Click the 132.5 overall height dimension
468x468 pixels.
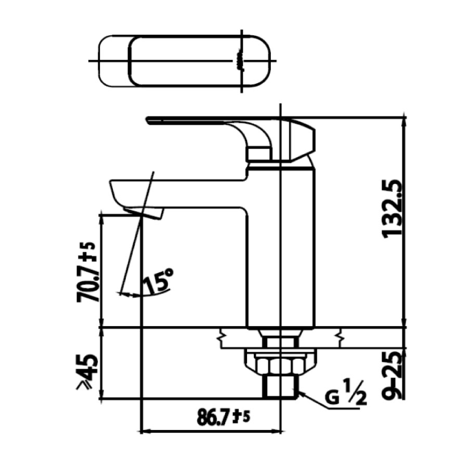393,208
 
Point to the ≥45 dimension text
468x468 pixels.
86,372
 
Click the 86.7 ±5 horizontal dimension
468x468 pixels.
224,417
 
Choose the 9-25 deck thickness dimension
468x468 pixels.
393,374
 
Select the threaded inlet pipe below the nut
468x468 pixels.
281,387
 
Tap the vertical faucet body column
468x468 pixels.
281,250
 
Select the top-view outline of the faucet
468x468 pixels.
185,61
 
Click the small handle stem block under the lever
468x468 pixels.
259,153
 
